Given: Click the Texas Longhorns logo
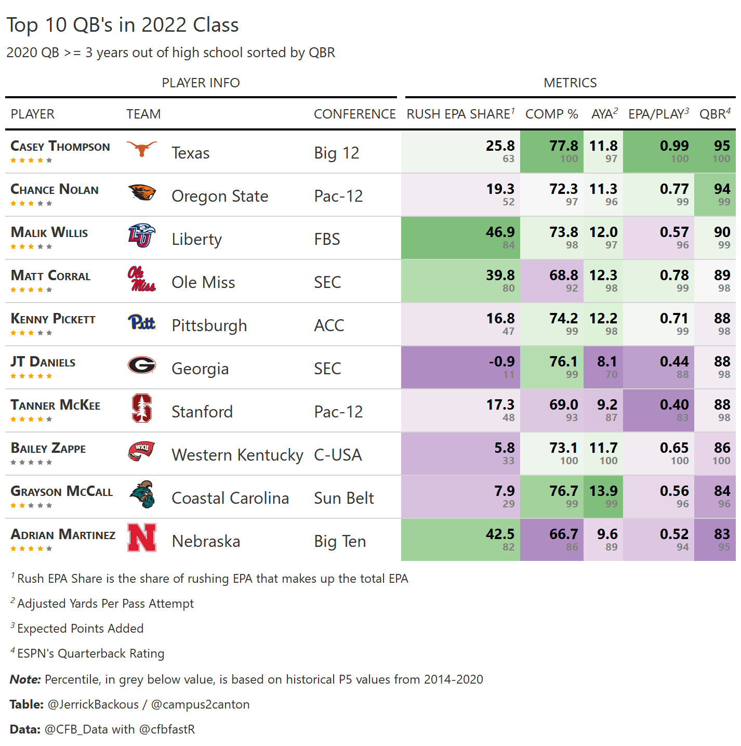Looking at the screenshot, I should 142,149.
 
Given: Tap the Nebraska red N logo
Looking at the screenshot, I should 142,538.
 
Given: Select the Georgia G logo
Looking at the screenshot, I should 142,365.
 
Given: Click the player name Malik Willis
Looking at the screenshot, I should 49,232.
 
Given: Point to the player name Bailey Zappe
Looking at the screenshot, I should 48,448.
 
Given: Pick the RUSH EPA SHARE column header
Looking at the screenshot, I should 460,114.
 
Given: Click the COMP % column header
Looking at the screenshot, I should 551,114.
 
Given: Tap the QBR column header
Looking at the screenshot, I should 714,114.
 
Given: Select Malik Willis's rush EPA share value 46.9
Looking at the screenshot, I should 500,232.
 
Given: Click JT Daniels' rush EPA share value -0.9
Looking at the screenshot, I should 501,361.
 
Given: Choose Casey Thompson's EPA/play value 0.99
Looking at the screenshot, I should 674,146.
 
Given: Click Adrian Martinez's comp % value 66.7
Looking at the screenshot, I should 563,534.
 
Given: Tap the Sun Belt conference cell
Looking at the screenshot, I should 343,498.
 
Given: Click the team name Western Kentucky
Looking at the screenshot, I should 237,455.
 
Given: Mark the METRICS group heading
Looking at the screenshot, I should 570,83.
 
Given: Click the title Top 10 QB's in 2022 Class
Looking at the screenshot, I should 123,25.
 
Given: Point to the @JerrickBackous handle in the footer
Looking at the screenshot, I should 93,704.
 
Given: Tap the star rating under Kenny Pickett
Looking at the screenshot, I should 31,333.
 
